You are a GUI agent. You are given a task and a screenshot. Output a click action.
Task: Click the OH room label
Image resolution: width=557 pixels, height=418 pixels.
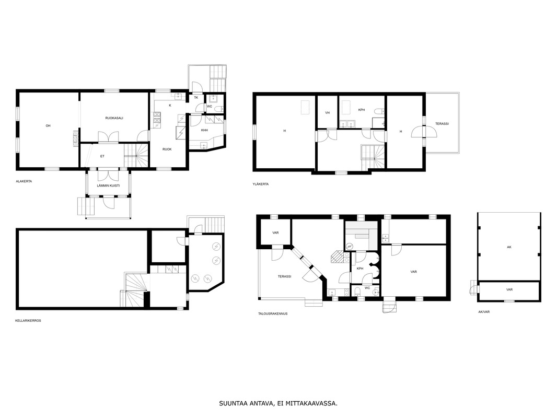[x=48, y=125]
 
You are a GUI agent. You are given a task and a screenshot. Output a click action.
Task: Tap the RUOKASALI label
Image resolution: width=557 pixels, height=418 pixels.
[x=114, y=118]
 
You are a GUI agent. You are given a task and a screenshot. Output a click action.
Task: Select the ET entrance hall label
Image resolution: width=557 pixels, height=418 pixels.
[x=102, y=156]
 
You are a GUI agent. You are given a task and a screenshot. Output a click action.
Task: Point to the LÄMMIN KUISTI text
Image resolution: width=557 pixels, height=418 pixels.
[x=108, y=185]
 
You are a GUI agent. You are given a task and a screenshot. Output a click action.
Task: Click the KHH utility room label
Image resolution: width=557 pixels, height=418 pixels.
[x=204, y=130]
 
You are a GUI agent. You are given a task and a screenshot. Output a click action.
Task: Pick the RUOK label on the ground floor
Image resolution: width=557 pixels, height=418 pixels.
[x=167, y=149]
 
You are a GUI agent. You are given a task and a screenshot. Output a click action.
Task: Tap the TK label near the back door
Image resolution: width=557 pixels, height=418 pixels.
[x=196, y=97]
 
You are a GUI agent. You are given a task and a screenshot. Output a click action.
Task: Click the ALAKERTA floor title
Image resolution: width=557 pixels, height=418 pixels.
[x=24, y=181]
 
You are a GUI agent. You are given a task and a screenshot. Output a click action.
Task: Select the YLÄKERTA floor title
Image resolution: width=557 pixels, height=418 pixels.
[x=261, y=184]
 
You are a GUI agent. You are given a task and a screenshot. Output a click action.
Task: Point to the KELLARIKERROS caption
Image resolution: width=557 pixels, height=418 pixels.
[x=28, y=321]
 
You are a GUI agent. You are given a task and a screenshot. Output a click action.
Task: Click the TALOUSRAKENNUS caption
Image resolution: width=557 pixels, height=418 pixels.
[x=273, y=314]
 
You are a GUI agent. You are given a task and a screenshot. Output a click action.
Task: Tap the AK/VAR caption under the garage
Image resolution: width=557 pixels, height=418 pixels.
[x=484, y=312]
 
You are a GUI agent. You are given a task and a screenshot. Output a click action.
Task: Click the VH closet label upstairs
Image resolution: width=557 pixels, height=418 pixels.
[x=327, y=112]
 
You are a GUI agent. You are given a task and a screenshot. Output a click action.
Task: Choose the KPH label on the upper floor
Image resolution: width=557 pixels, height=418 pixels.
[x=361, y=110]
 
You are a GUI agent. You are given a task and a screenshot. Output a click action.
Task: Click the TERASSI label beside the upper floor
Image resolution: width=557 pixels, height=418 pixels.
[x=442, y=124]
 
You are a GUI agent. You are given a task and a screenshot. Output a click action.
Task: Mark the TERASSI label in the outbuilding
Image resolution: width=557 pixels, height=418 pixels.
[x=285, y=276]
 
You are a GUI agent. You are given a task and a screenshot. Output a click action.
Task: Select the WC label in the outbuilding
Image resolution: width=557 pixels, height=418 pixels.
[x=367, y=288]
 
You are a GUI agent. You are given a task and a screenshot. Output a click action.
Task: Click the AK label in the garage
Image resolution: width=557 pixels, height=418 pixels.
[x=509, y=247]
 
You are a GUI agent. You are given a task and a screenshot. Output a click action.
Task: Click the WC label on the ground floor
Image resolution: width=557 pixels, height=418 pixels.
[x=209, y=106]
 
